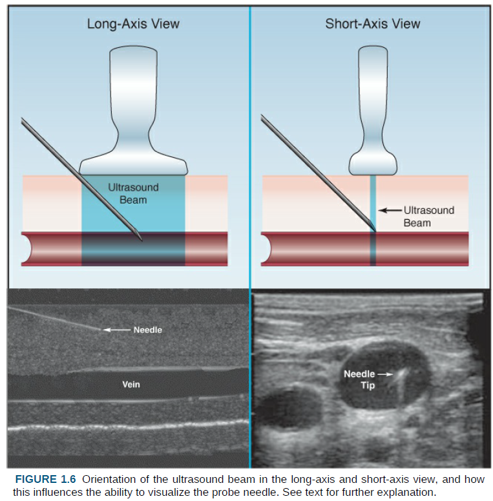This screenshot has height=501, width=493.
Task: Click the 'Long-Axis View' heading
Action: click(x=133, y=25)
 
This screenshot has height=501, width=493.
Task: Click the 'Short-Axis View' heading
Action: click(x=372, y=25)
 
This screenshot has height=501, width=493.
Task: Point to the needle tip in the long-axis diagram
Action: click(x=141, y=239)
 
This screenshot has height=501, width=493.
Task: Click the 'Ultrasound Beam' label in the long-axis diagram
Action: click(x=133, y=193)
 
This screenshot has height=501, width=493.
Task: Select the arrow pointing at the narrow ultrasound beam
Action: click(x=390, y=210)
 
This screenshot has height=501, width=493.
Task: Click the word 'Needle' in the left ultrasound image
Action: click(x=147, y=330)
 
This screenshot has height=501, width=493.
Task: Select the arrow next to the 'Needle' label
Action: click(x=117, y=330)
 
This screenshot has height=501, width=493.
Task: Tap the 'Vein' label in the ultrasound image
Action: click(x=131, y=384)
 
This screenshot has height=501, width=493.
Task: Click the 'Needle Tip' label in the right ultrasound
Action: click(x=359, y=379)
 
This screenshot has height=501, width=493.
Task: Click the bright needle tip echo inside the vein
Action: click(x=400, y=374)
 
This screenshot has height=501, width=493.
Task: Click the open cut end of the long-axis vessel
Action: click(x=26, y=248)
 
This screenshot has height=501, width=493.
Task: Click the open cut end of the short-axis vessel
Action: click(x=266, y=248)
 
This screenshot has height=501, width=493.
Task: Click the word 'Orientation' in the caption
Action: click(x=110, y=479)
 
